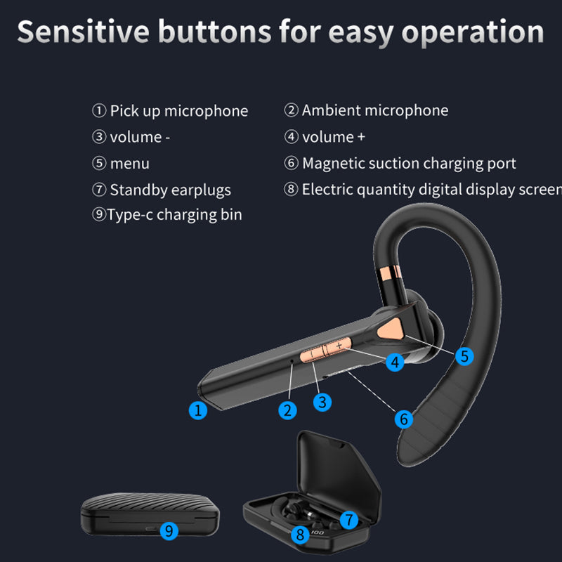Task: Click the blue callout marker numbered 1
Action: coord(199,410)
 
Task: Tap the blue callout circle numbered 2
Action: coord(287,410)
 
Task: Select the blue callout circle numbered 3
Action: coord(322,402)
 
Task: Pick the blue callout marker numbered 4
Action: coord(395,362)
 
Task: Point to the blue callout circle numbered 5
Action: coord(464,355)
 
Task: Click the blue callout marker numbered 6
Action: coord(403,419)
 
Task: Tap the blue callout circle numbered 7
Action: coord(349,520)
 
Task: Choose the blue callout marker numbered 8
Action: coord(300,535)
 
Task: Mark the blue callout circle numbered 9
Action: coord(169,530)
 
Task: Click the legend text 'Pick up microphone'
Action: coord(178,111)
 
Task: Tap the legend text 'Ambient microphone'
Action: coord(374,110)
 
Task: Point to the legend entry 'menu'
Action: coord(129,164)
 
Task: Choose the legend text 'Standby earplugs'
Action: coord(170,190)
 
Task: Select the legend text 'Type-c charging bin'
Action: coord(174,215)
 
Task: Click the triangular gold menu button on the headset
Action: coord(390,329)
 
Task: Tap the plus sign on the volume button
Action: coord(339,346)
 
